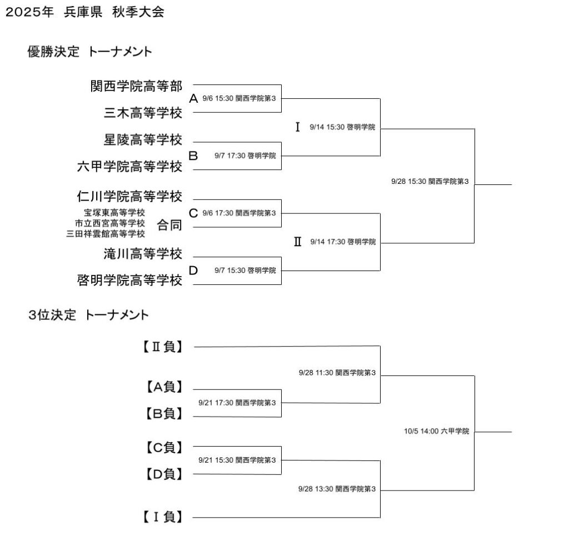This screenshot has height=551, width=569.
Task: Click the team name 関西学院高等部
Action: point(136,86)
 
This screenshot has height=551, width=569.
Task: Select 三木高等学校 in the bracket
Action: point(143,113)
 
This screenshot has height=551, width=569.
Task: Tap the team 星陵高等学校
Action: point(143,139)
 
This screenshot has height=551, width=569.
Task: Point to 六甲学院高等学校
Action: point(129,166)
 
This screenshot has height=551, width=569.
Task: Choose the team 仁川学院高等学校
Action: point(129,197)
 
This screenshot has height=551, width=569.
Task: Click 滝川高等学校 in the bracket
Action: point(143,254)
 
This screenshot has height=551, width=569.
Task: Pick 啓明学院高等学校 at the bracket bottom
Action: point(129,281)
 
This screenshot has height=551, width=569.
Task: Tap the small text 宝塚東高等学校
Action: point(114,212)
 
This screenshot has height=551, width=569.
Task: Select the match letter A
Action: point(193,99)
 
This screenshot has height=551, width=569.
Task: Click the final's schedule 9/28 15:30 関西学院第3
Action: point(431,181)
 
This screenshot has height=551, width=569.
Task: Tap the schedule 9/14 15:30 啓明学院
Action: point(343,127)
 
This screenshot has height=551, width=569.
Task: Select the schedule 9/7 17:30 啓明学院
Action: point(245,156)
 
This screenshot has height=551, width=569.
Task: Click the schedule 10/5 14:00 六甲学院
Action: point(437,431)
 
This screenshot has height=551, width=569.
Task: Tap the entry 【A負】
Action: point(164,387)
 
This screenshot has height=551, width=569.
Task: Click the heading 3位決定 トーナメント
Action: point(88,315)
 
